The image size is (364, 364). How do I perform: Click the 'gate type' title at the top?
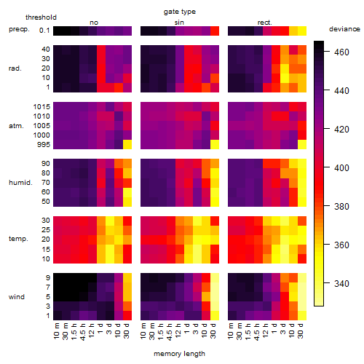tap(180, 12)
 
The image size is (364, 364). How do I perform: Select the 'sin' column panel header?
tap(179, 23)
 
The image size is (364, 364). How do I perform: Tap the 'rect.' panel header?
tap(264, 23)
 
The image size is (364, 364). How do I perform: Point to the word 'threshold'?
tap(41, 17)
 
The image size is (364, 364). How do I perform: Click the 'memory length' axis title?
tap(179, 354)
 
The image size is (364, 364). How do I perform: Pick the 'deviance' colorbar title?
tap(344, 29)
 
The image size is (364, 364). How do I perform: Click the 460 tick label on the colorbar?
tap(341, 52)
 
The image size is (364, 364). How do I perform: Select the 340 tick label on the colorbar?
tap(341, 283)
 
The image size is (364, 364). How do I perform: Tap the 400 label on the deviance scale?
tap(341, 167)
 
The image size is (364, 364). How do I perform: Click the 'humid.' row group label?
tap(20, 183)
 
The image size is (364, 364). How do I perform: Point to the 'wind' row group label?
tap(17, 297)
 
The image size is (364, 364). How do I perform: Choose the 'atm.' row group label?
tap(16, 126)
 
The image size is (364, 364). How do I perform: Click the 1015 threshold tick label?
tap(41, 107)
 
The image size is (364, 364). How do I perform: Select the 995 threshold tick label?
tap(44, 145)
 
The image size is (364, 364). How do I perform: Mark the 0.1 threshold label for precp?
tap(44, 31)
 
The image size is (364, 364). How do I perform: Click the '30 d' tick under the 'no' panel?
tap(127, 331)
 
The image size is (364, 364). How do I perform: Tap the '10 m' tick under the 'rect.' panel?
tap(232, 331)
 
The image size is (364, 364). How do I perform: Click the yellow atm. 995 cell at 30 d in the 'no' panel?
tap(127, 145)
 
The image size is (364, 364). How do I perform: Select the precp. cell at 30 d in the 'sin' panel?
tap(215, 31)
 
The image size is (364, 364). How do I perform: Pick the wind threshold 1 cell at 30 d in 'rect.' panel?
tap(302, 315)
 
